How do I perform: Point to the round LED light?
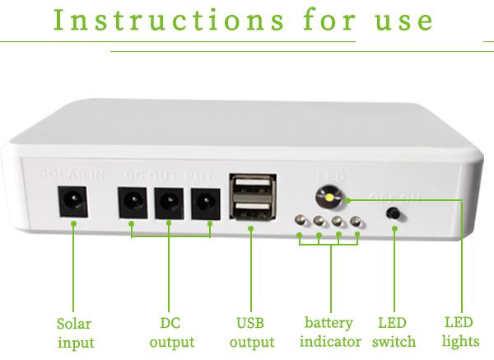point(329,198)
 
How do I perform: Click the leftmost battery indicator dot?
point(300,222)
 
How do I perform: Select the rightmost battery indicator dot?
point(357,221)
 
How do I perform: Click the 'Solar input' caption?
point(75,332)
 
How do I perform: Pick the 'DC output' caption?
point(171,332)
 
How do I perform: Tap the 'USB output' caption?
point(252,332)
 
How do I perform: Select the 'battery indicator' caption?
point(330,332)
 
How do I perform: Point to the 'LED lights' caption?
point(459,332)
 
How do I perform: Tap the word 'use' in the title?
point(403,21)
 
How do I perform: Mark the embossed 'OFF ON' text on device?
point(395,198)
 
